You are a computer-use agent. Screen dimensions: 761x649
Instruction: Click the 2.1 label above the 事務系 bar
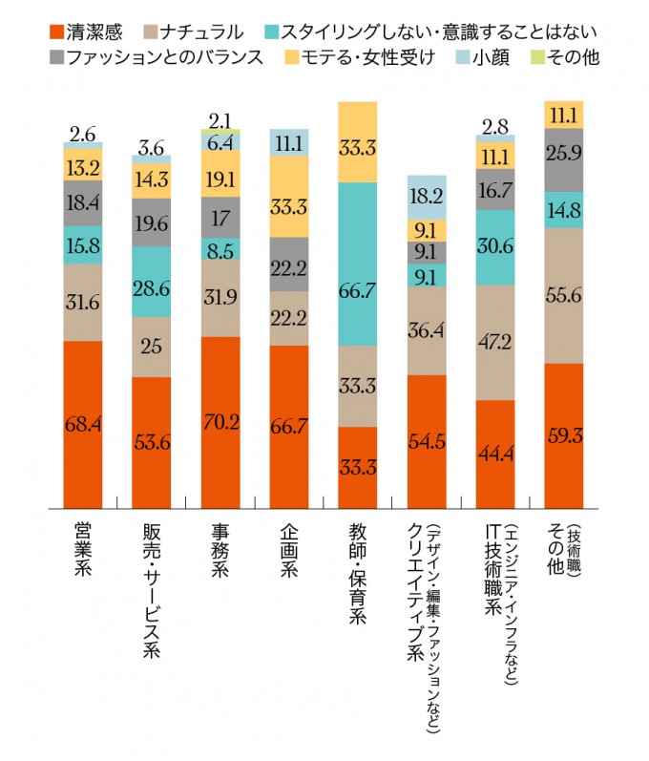(220, 119)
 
